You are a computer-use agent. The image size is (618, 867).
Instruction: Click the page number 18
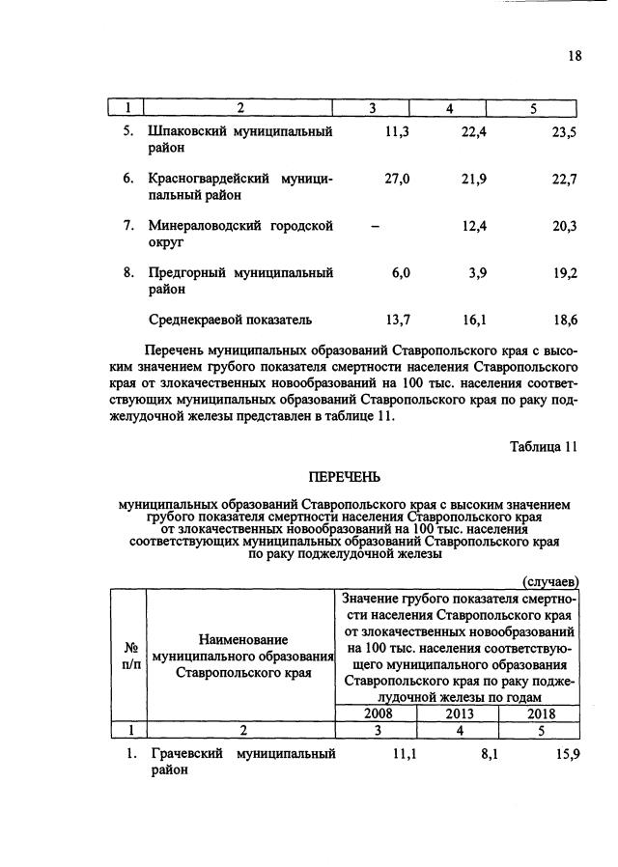(x=575, y=56)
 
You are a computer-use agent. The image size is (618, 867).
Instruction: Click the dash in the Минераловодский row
(x=375, y=226)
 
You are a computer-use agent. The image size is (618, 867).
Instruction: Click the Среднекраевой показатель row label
(x=230, y=319)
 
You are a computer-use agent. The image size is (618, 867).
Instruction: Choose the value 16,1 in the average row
(x=475, y=319)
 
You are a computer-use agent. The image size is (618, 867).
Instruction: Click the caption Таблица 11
(x=543, y=445)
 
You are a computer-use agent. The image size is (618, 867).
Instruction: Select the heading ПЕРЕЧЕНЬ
(x=345, y=476)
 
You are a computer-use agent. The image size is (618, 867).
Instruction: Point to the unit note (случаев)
(x=550, y=581)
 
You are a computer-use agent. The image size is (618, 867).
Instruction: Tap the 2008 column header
(x=377, y=713)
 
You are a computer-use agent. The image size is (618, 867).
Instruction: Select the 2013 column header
(x=458, y=713)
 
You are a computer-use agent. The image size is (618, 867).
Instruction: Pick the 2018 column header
(x=539, y=713)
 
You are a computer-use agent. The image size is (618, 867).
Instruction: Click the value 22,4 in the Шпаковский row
(x=473, y=132)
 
